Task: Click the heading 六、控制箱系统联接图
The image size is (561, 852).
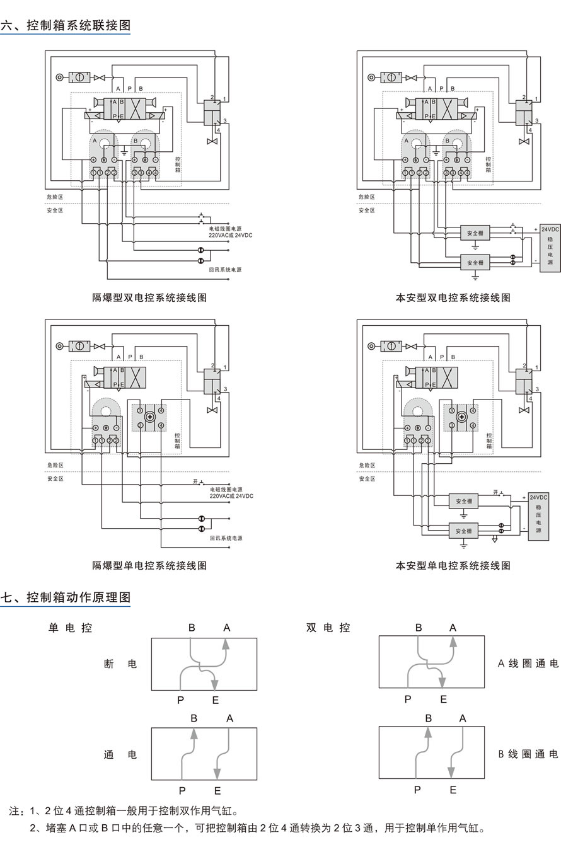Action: (66, 25)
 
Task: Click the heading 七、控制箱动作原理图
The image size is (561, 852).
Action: (66, 597)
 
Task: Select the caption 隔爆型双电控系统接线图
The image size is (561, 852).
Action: (149, 297)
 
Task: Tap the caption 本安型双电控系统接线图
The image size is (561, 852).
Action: (453, 297)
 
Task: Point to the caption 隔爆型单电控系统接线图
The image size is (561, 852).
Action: (149, 565)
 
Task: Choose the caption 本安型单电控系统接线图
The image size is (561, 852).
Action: (453, 565)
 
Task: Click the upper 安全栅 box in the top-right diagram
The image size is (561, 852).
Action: (475, 233)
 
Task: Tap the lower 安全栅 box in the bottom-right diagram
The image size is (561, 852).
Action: (463, 531)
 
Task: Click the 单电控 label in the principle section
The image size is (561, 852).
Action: (71, 628)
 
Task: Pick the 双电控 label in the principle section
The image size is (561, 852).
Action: (328, 628)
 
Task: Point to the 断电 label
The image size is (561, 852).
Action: (120, 664)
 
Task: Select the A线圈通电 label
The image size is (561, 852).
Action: (528, 664)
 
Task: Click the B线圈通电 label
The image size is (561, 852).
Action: (528, 754)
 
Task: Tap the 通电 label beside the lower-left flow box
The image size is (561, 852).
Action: (120, 754)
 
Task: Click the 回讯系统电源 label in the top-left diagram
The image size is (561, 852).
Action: (225, 270)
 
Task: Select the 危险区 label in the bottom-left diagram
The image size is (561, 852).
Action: (55, 465)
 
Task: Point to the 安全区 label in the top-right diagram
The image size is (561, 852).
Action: (366, 210)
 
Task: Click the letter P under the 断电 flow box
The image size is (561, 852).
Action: (180, 700)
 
